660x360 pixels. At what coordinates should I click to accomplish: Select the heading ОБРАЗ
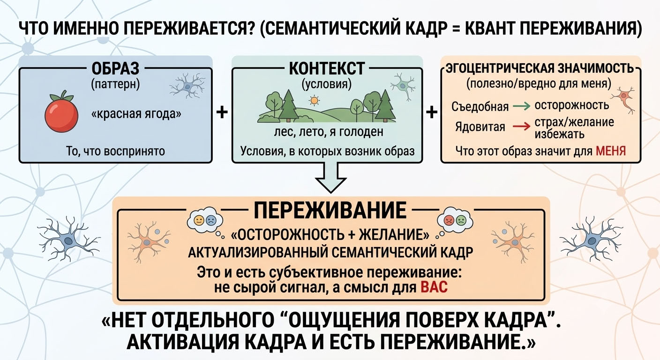115,68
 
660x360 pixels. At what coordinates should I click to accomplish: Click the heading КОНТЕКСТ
327,68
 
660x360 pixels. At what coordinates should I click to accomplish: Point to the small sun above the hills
314,101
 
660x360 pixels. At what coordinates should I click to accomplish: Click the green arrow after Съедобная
522,106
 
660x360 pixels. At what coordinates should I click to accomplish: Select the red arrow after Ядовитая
522,127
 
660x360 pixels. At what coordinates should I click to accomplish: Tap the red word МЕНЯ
610,151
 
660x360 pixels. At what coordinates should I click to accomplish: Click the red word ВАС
434,287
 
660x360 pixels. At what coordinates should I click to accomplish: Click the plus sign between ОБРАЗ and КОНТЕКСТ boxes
222,112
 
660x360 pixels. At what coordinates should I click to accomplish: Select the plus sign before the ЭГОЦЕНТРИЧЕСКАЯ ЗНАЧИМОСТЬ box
432,112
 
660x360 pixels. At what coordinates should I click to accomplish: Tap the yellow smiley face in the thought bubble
199,220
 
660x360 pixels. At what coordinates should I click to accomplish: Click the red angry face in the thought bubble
449,220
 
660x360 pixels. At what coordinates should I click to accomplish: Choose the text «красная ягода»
136,114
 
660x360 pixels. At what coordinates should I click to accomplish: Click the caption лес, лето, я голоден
329,132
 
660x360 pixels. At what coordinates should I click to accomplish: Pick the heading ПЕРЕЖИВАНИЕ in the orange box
330,210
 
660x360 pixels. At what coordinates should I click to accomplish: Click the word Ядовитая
480,127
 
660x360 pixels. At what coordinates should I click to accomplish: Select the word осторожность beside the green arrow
571,105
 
